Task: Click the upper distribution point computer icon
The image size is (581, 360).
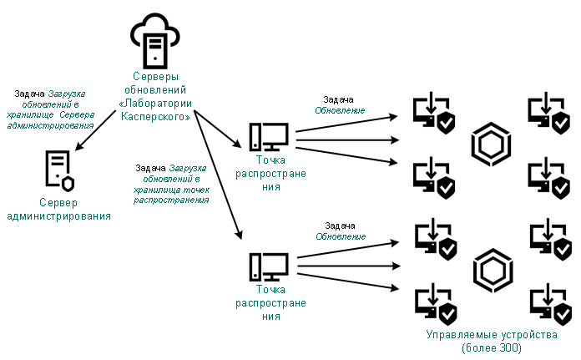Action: point(269,137)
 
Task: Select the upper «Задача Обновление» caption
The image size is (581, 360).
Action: point(340,104)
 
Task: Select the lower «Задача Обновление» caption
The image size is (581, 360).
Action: point(340,231)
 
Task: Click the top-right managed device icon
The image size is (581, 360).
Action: point(548,114)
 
